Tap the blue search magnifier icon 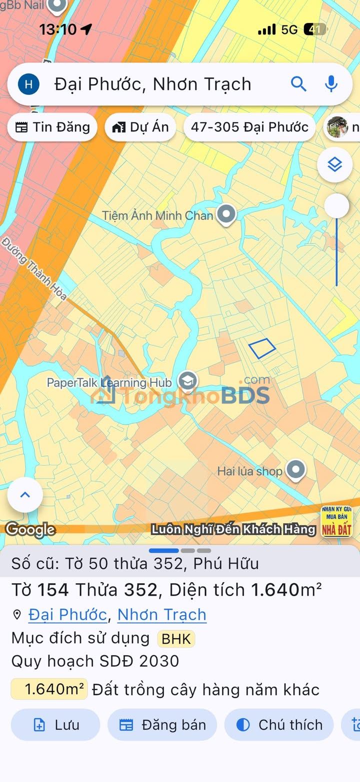pos(298,84)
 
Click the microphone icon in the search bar pos(331,84)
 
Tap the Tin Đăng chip pos(52,127)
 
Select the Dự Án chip pos(140,127)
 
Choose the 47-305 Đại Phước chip pos(249,127)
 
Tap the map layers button pos(334,164)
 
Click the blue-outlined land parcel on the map pos(262,348)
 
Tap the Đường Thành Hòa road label pos(34,269)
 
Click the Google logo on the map pos(30,530)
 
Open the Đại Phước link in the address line pos(67,615)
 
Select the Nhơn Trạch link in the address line pos(161,615)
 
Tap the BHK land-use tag pos(176,639)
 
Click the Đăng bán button pos(162,725)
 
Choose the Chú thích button pos(279,725)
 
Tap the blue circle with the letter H pos(28,84)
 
